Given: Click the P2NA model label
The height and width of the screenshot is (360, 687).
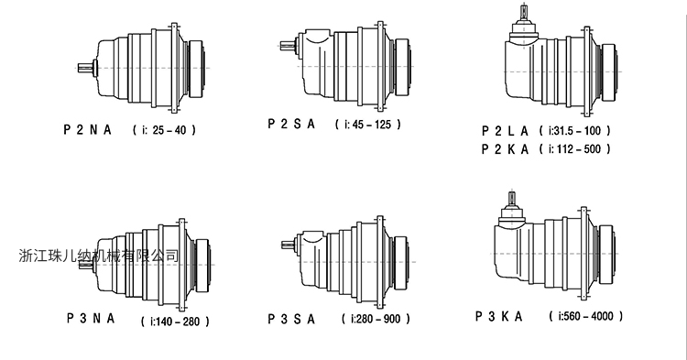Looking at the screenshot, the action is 88,130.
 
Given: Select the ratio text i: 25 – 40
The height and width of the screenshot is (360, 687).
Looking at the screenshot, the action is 165,130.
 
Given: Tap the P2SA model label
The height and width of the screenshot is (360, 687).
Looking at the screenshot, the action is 291,124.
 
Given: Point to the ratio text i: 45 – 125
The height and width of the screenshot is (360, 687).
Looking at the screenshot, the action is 368,125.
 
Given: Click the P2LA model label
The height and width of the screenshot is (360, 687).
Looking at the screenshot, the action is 505,130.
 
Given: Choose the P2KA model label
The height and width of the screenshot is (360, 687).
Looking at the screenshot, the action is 505,149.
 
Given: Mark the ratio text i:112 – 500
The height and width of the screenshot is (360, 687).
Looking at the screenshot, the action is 575,149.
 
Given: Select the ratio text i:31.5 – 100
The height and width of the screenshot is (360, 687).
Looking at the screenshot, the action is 575,130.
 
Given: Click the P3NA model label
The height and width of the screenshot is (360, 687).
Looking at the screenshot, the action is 91,318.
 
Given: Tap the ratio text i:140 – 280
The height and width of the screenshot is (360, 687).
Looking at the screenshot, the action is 175,322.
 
